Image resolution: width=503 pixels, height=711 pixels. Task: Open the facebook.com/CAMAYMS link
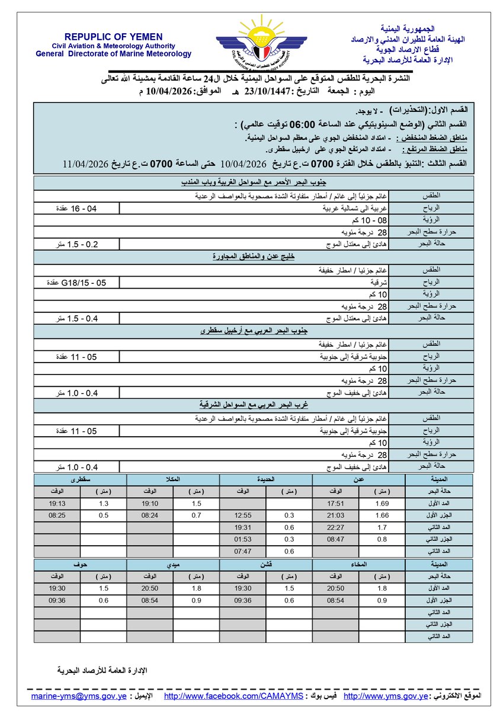point(233,695)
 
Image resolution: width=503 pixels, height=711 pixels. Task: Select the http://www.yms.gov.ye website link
point(386,695)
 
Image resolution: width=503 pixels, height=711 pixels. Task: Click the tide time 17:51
point(335,503)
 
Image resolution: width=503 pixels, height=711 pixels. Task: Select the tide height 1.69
point(382,503)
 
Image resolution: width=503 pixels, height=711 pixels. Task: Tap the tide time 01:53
point(243,540)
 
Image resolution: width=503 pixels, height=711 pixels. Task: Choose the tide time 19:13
point(57,503)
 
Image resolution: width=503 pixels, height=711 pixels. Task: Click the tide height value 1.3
point(104,503)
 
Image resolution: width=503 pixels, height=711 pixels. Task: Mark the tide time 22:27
point(335,527)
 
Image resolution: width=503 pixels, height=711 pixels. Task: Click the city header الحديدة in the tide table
point(266,478)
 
